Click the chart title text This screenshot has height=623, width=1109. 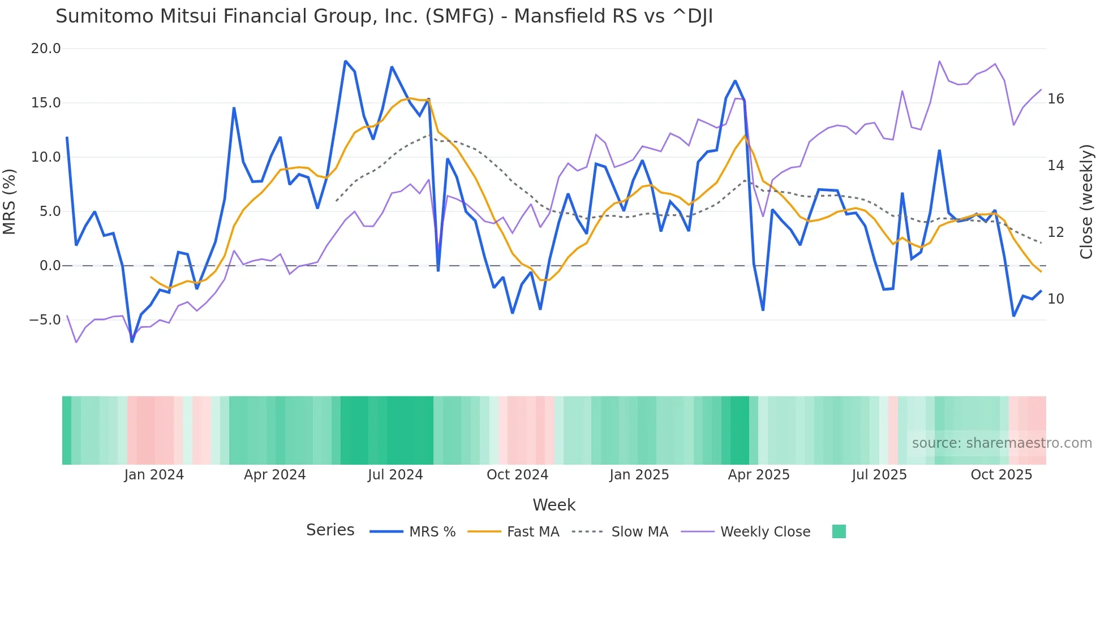tap(384, 16)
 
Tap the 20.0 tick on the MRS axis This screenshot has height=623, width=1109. tap(45, 49)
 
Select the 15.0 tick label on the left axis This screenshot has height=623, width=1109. tap(45, 103)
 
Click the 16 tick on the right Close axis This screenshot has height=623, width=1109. tap(1055, 99)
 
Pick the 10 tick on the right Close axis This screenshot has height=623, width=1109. tap(1055, 299)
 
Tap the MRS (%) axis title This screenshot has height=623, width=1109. tap(10, 201)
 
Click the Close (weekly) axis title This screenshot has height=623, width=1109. tap(1086, 201)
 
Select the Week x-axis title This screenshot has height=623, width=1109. tap(553, 505)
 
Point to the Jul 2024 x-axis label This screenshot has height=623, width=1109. tap(395, 475)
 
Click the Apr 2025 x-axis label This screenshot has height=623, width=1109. tap(758, 475)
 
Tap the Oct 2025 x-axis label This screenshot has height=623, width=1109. tap(1001, 475)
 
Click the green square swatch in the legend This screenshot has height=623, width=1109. tap(839, 531)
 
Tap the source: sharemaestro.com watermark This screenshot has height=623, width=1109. tap(1001, 443)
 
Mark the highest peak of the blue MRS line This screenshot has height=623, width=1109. tap(345, 61)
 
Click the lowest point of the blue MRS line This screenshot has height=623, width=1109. tap(132, 341)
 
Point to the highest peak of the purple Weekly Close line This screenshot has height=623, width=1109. tap(939, 61)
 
